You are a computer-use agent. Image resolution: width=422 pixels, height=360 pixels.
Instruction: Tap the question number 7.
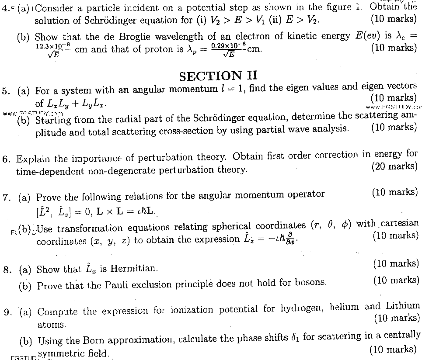[6, 197]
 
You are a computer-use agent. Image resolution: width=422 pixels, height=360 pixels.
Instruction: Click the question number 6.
[6, 159]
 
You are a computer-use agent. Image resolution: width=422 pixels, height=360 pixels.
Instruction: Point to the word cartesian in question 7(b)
[399, 224]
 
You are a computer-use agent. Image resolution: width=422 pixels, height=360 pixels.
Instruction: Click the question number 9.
[7, 312]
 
